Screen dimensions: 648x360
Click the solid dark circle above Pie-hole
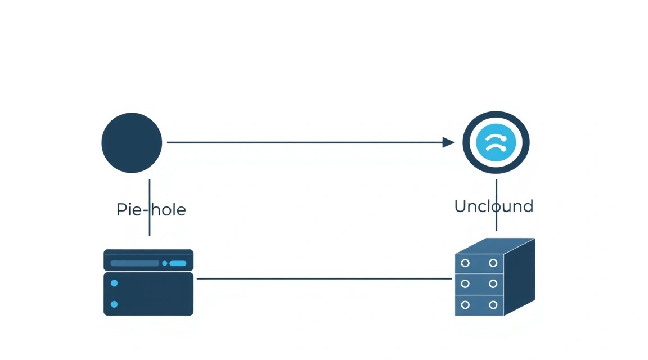(132, 143)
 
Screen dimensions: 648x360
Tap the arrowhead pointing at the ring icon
(448, 142)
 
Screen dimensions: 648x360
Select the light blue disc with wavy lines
(496, 143)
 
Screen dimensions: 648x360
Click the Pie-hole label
(151, 210)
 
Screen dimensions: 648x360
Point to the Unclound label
(494, 206)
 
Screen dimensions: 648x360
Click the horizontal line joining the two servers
(325, 278)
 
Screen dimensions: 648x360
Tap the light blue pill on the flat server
(178, 263)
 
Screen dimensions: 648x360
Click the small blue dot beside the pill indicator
(164, 263)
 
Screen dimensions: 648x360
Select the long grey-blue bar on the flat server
(135, 263)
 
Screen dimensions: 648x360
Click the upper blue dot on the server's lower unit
(115, 283)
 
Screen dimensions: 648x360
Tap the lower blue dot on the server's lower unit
(115, 304)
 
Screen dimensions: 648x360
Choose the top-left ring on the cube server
(465, 263)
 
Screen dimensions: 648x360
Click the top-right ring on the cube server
(493, 263)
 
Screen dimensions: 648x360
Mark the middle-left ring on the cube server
(465, 283)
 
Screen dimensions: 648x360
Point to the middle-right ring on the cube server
(493, 283)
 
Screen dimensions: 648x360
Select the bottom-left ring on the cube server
(465, 305)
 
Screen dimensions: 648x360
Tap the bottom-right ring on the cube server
(493, 305)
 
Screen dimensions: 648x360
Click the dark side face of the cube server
(520, 277)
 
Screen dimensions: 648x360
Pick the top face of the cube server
(495, 246)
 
